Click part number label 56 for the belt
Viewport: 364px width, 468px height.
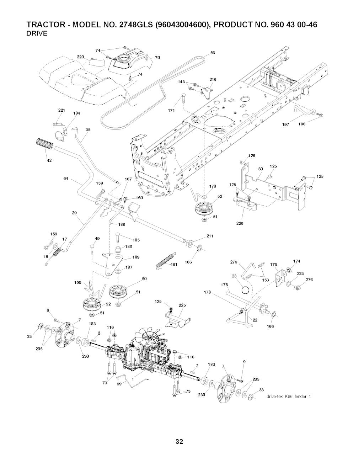[x=213, y=53]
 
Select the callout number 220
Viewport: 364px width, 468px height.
[x=80, y=57]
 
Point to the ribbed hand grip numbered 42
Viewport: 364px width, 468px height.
[x=44, y=145]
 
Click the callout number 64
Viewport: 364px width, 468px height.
[x=66, y=179]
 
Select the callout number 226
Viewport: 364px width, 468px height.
[x=240, y=224]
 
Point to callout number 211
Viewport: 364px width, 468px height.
[x=210, y=236]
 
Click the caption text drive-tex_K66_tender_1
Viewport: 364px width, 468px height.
[x=288, y=397]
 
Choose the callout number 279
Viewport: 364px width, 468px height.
[x=234, y=262]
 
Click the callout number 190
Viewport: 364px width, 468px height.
[x=78, y=283]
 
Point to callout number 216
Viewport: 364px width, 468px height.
[x=213, y=79]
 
